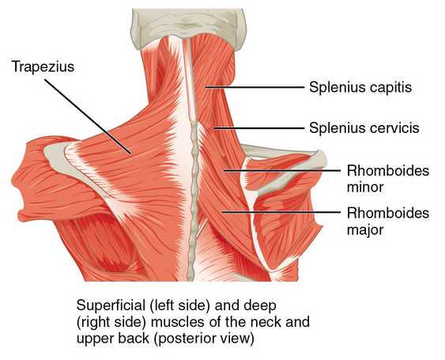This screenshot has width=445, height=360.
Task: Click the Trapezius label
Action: (43, 67)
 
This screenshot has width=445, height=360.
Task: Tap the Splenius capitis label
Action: (360, 87)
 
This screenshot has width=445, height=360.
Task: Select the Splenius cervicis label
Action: (364, 128)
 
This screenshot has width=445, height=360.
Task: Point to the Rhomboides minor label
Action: (388, 179)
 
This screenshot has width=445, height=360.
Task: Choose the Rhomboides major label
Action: (388, 221)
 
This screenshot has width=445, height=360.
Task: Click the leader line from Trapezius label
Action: (88, 116)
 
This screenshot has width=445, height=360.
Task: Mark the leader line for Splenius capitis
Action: (255, 87)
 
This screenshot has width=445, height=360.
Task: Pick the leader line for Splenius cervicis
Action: (259, 128)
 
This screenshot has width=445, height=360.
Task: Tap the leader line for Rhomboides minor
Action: (282, 170)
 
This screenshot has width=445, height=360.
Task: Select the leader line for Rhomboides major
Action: (281, 212)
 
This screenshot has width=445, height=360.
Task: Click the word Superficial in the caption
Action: (111, 306)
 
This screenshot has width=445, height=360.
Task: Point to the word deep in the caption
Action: (260, 305)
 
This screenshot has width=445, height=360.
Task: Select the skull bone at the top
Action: (188, 27)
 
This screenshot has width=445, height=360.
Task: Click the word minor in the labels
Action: (365, 188)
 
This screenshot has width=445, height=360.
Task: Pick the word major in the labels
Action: (365, 230)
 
